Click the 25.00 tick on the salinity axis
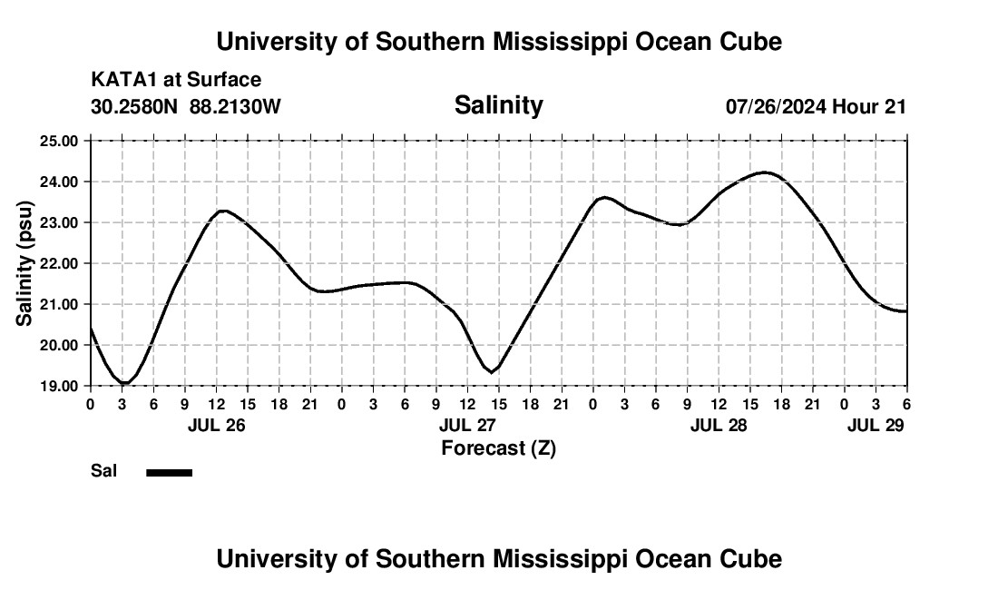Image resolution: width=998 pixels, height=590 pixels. tap(61, 141)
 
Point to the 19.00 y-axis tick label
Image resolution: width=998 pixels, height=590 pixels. tap(61, 386)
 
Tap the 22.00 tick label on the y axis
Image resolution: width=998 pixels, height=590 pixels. tap(61, 263)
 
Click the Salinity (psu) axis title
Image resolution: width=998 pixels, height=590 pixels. tap(24, 263)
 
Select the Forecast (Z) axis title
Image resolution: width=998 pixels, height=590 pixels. tap(498, 447)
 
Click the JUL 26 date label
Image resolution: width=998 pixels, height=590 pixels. tap(216, 425)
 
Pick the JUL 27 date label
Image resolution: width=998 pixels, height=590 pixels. tap(467, 425)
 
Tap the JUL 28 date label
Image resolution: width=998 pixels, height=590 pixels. tap(719, 425)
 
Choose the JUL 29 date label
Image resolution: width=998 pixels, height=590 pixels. tap(876, 425)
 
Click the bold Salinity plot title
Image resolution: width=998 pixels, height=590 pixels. tap(498, 105)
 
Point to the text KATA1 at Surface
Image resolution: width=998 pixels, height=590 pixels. tap(176, 81)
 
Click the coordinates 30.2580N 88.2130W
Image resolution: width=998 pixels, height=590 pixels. tap(186, 106)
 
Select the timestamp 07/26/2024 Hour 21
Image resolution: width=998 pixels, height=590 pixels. tap(816, 106)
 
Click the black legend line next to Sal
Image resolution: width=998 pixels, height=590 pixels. tap(170, 472)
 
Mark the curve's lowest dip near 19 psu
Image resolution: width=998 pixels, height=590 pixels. tap(124, 384)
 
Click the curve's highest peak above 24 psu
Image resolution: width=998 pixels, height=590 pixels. tap(764, 172)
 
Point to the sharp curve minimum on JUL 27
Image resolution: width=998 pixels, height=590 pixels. tap(491, 371)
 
